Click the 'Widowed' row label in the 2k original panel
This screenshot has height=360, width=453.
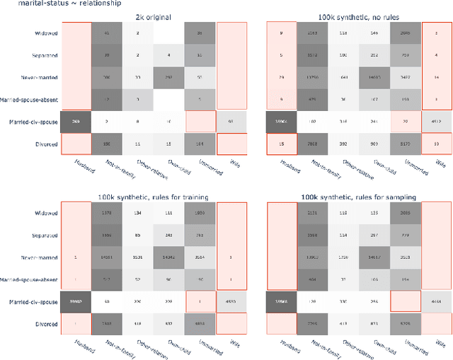coord(46,33)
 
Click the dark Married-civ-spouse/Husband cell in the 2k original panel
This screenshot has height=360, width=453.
coord(76,122)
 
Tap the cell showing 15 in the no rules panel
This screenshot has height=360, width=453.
coord(282,144)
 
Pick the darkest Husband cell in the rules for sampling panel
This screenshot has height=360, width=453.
coord(282,302)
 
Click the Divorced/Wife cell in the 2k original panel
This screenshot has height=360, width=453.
coord(233,144)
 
